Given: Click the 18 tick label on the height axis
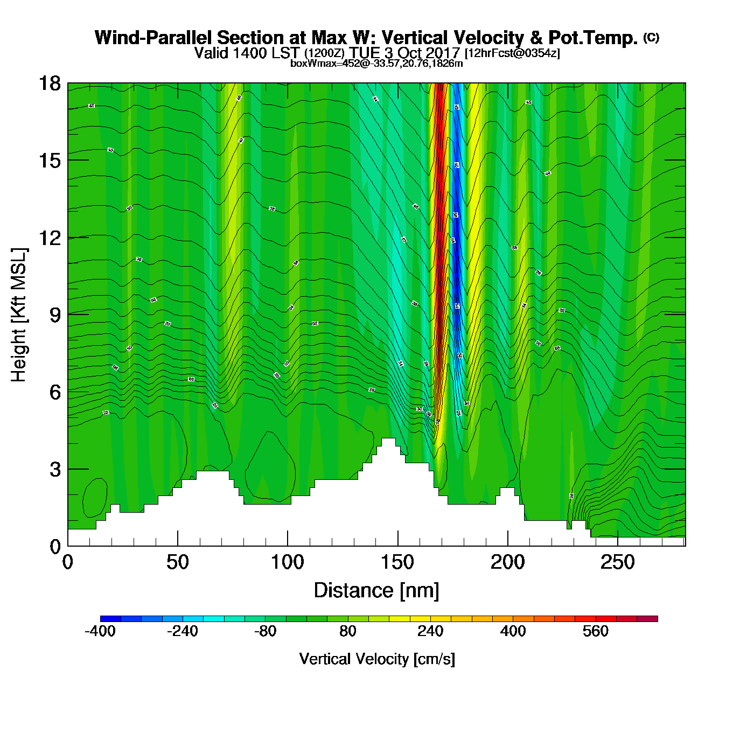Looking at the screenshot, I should coord(49,83).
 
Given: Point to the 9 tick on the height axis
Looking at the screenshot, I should coord(55,315).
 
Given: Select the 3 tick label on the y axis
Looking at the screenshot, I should coord(55,470).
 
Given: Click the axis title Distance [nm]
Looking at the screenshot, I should coord(376,591).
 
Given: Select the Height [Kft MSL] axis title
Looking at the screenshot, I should coord(19,315).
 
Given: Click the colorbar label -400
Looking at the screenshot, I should coord(100,631).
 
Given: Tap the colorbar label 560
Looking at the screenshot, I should coord(595,631).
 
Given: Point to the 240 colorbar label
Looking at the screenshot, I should coord(430,631).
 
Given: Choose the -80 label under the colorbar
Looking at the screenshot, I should coord(265,631).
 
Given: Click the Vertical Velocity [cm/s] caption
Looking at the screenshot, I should coord(377,659).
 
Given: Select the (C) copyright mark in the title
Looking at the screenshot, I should coord(651,37).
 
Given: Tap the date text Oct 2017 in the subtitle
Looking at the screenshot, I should coord(430,53).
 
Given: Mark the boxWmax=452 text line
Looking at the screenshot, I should coord(376,63).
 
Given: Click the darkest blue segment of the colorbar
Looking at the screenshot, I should coord(110,619).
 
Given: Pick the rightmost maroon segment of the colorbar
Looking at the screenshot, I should coord(647,619).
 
